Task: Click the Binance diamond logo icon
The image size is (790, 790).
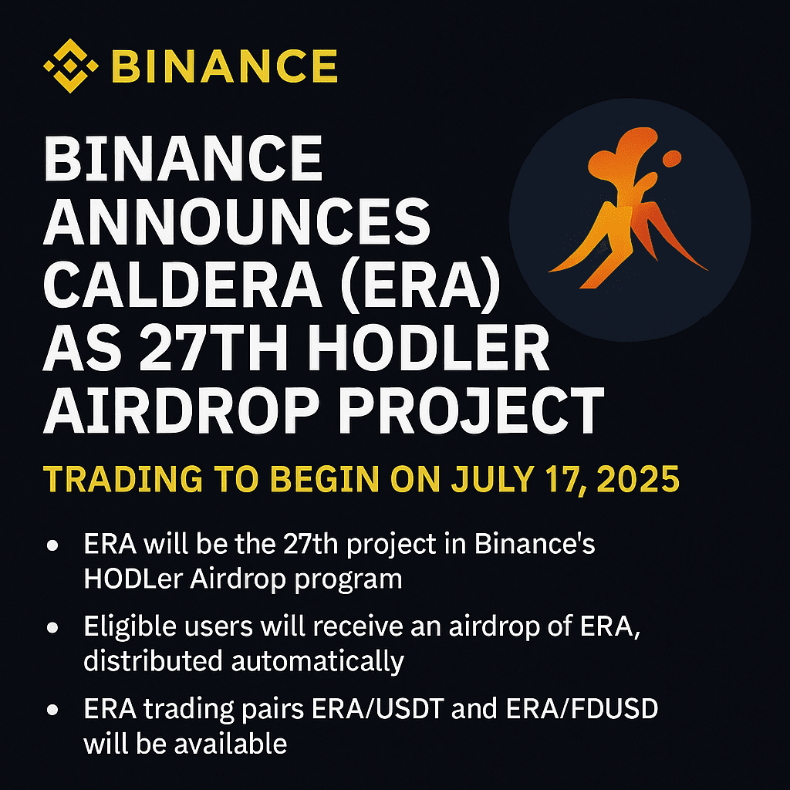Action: pyautogui.click(x=71, y=66)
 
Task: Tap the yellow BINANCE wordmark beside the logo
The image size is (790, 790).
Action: pyautogui.click(x=225, y=66)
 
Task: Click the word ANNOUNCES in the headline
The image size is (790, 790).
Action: pyautogui.click(x=237, y=221)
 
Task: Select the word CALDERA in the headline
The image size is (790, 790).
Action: pyautogui.click(x=183, y=283)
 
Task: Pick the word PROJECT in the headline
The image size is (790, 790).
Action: pyautogui.click(x=471, y=410)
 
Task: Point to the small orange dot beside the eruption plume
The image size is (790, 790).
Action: pyautogui.click(x=672, y=159)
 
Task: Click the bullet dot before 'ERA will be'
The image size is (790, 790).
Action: pyautogui.click(x=52, y=545)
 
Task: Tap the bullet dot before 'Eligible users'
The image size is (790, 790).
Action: pyautogui.click(x=52, y=628)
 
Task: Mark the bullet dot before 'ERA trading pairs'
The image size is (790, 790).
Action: pyautogui.click(x=52, y=710)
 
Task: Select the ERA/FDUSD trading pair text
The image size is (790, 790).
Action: pyautogui.click(x=582, y=709)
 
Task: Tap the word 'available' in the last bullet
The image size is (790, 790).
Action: pyautogui.click(x=230, y=743)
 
